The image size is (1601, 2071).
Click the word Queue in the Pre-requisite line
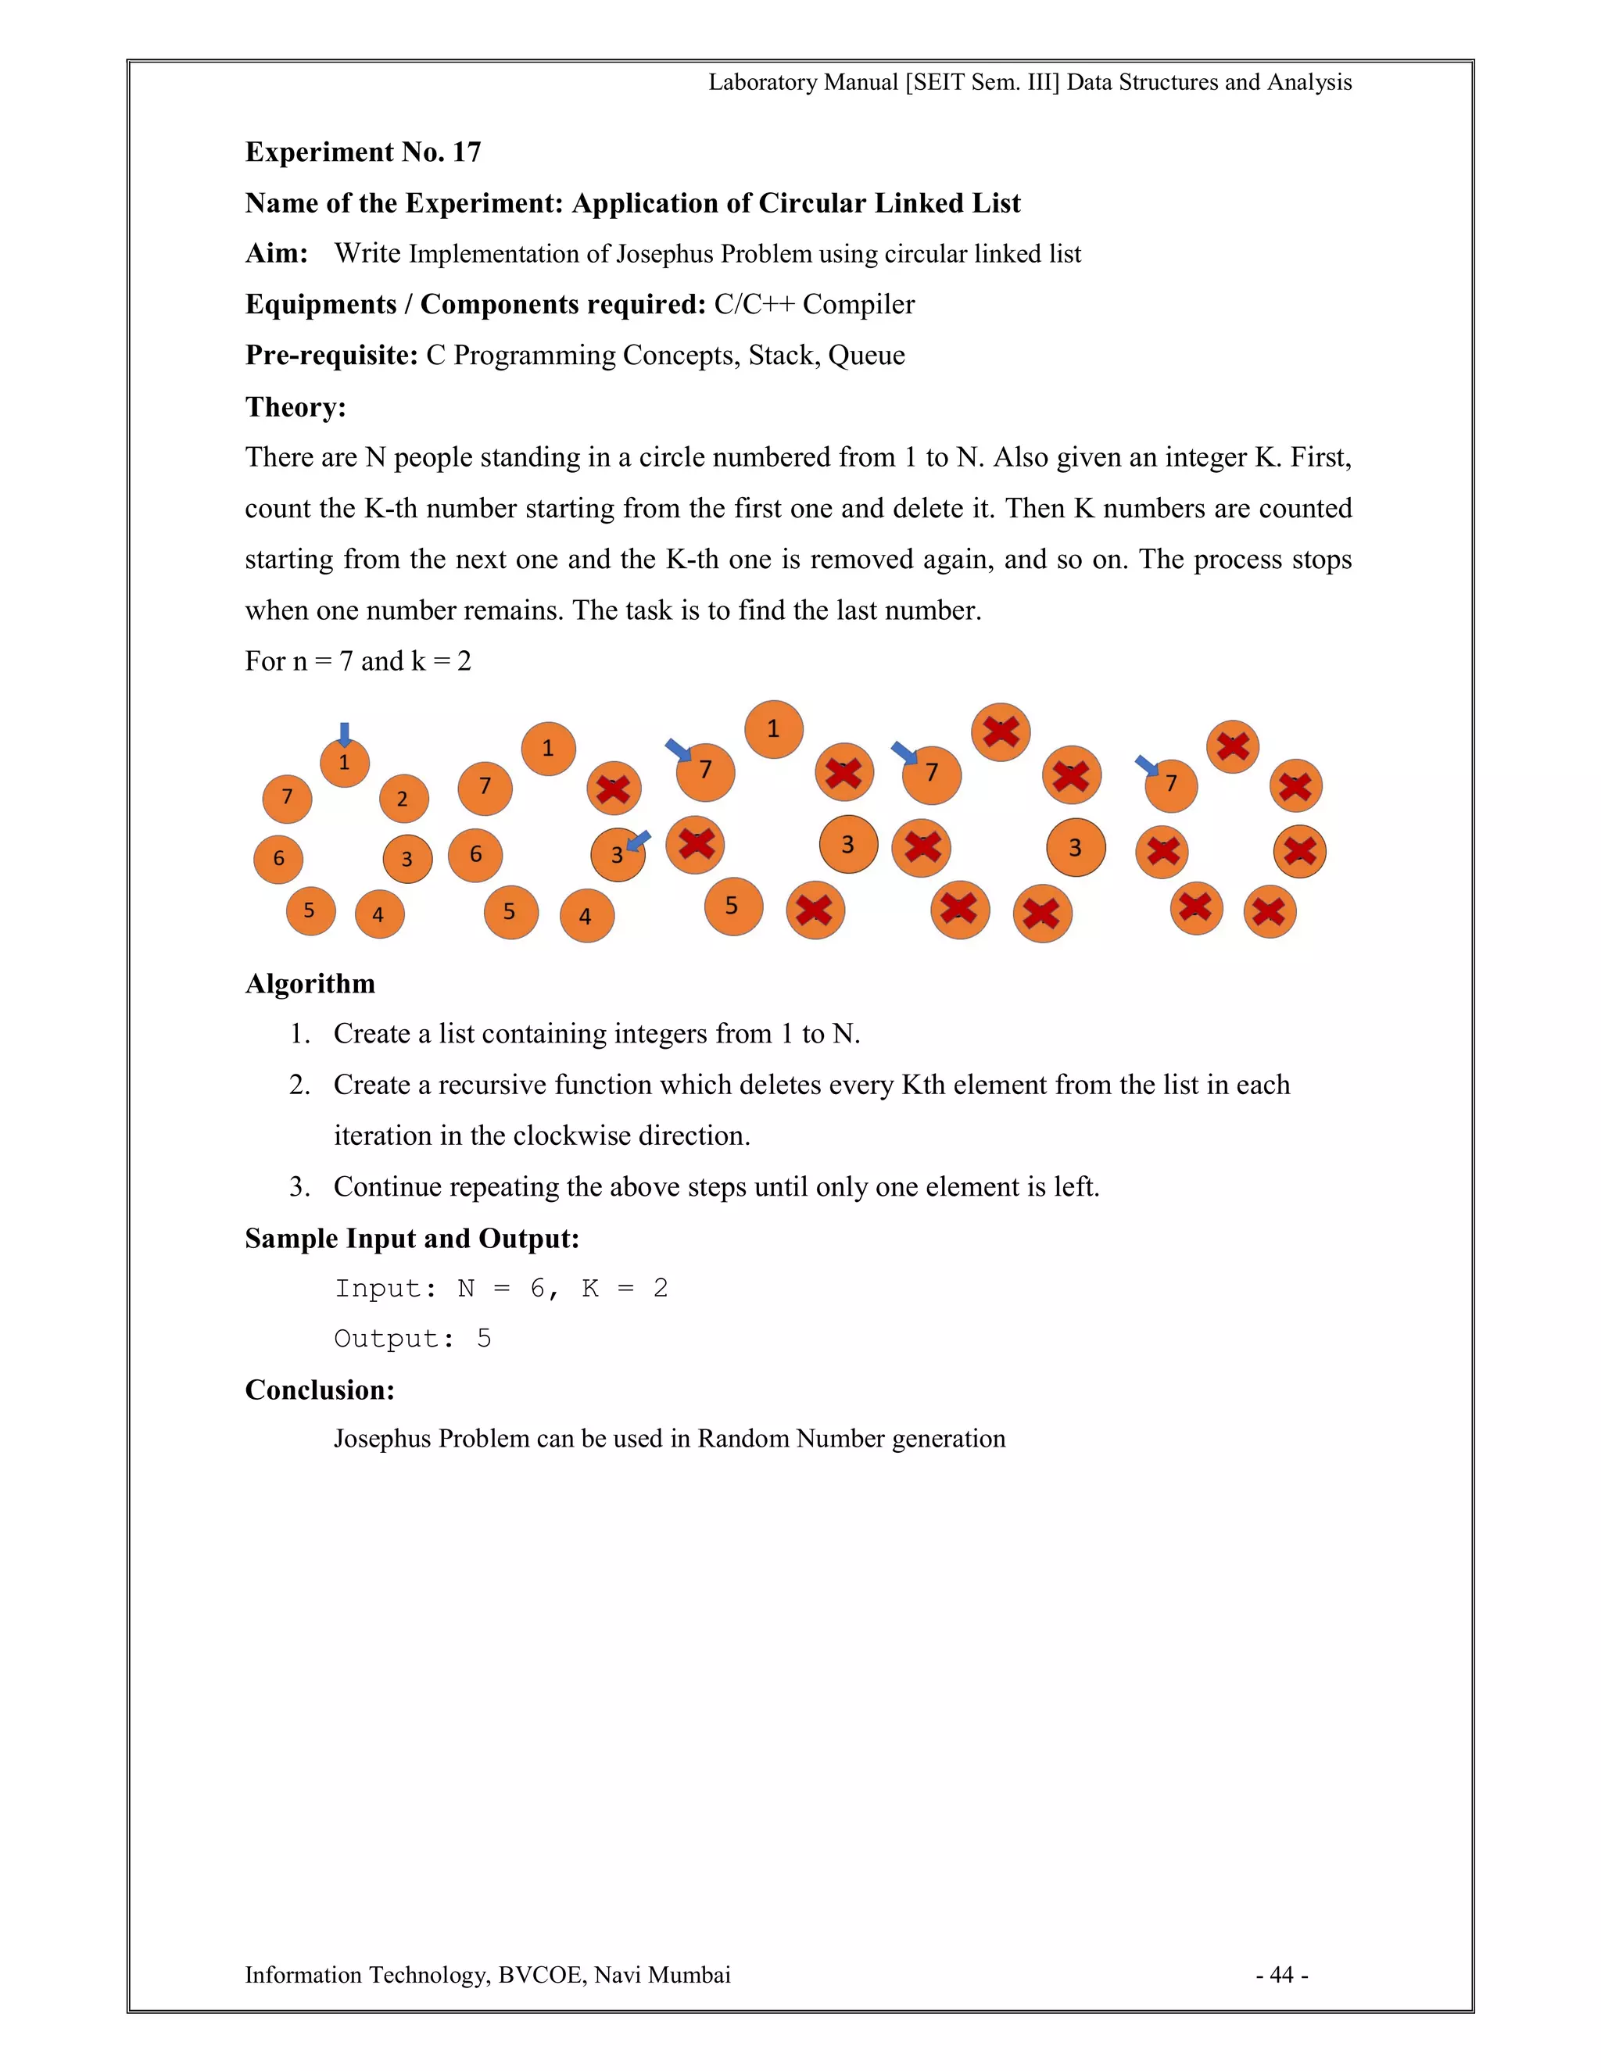pyautogui.click(x=866, y=356)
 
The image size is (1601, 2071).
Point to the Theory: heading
pyautogui.click(x=295, y=407)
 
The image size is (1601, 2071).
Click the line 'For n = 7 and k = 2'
pyautogui.click(x=357, y=661)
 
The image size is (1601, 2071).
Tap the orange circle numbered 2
pyautogui.click(x=403, y=799)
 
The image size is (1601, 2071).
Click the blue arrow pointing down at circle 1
pyautogui.click(x=344, y=733)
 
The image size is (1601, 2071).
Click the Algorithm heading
pyautogui.click(x=310, y=983)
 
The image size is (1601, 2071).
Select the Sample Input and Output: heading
pyautogui.click(x=412, y=1239)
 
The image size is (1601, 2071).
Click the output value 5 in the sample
pyautogui.click(x=484, y=1339)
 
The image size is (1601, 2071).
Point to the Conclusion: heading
pyautogui.click(x=320, y=1390)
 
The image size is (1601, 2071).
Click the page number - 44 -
pyautogui.click(x=1281, y=1975)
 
